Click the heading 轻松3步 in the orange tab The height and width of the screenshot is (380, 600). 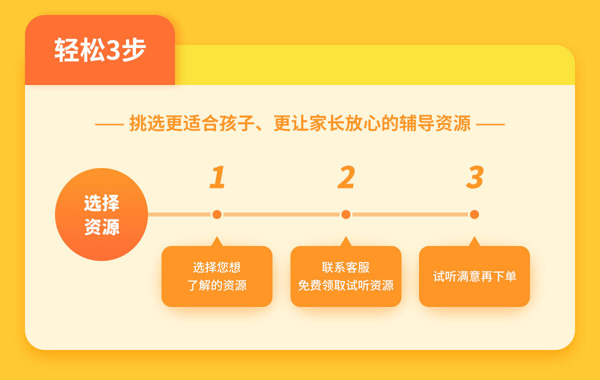tap(100, 50)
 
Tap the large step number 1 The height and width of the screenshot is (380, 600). tap(217, 177)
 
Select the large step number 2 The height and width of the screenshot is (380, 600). tap(346, 177)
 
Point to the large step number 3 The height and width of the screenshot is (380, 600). tap(475, 177)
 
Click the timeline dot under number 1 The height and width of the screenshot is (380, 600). tap(217, 214)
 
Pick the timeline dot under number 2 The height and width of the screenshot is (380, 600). tap(346, 214)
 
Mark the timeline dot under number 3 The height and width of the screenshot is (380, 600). tap(474, 214)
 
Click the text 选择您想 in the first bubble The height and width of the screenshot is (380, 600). tap(216, 267)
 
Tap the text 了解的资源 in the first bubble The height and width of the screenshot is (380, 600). tap(216, 285)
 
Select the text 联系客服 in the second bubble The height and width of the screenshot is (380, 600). tap(345, 267)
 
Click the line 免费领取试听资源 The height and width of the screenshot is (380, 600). tap(345, 285)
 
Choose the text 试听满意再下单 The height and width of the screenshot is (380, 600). tap(474, 276)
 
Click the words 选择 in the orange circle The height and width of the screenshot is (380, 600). tap(101, 203)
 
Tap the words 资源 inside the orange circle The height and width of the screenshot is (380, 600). tap(102, 227)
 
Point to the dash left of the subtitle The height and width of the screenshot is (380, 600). tap(109, 124)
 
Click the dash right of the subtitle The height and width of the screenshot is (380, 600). tap(490, 124)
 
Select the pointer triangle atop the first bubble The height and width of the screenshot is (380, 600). tap(217, 241)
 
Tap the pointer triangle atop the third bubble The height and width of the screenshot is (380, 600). tap(474, 241)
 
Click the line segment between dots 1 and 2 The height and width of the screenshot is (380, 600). tap(281, 214)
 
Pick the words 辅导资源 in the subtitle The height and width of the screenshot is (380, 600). tap(434, 123)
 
